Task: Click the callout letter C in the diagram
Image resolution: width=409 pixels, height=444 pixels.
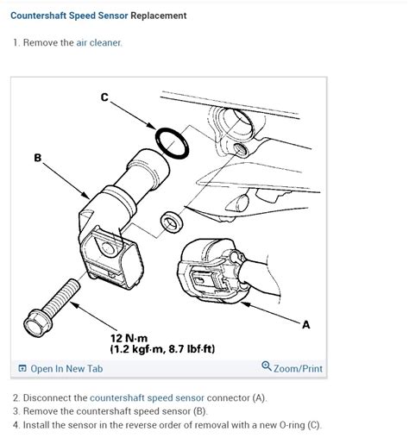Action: coord(104,97)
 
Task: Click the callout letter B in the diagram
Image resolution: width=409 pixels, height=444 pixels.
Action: coord(38,158)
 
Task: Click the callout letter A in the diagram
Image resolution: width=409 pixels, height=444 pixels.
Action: coord(305,324)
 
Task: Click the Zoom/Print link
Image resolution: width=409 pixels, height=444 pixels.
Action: coord(298,369)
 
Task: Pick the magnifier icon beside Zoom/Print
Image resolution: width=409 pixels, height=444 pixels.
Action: coord(266,368)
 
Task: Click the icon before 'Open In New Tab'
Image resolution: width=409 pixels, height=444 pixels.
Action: coord(22,369)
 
